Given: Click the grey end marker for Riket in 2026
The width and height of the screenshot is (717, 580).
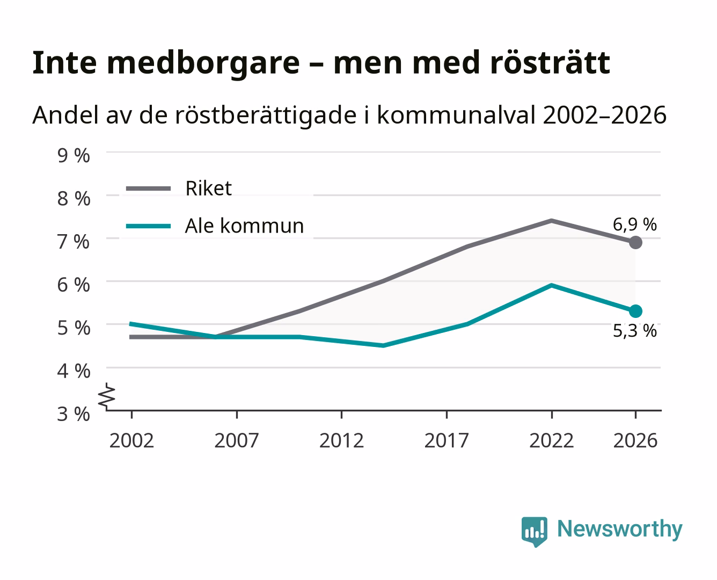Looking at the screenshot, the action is point(635,242).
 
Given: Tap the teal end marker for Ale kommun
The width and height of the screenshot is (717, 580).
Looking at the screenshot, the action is point(635,311).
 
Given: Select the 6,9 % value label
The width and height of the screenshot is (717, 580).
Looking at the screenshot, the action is point(634,224).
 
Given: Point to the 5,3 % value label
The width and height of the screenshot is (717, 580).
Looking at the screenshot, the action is point(634,331).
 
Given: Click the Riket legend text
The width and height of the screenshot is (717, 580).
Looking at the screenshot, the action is point(208,188).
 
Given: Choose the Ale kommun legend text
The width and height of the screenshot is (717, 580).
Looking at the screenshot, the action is point(244,226).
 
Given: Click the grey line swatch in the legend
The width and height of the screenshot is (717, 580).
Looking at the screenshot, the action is point(148,189).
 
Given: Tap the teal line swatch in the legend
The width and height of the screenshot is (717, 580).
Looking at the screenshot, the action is point(148,226).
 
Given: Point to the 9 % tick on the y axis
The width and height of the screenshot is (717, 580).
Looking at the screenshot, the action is point(74,156).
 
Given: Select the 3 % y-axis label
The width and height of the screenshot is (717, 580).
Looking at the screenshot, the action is point(74,414).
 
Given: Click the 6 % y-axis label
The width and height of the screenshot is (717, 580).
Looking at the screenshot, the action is point(74,285).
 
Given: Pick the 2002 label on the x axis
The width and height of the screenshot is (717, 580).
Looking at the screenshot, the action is point(131,440).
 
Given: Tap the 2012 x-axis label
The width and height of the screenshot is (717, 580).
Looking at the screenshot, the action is point(342,440).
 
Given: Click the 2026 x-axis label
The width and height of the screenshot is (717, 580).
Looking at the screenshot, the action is point(635,440).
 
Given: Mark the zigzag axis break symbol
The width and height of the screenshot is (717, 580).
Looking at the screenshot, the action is point(107,396).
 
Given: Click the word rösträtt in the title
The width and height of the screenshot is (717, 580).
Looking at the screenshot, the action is point(550,63).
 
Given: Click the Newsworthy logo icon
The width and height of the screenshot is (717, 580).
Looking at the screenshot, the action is point(534,532).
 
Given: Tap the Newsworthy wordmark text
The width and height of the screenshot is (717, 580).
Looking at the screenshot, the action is point(620,530).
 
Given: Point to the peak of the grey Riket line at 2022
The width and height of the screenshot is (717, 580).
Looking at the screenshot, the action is point(551,221).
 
